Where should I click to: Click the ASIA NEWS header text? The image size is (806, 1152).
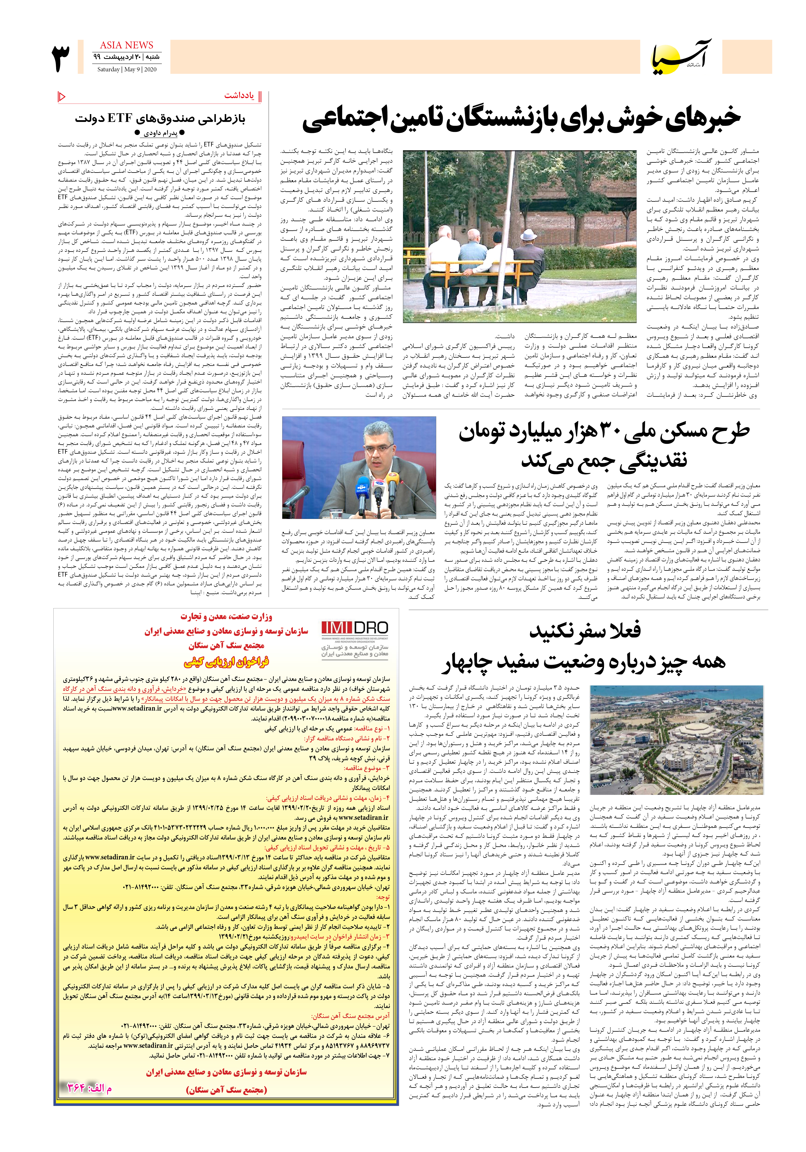coord(126,45)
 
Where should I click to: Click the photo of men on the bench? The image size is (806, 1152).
coord(519,236)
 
